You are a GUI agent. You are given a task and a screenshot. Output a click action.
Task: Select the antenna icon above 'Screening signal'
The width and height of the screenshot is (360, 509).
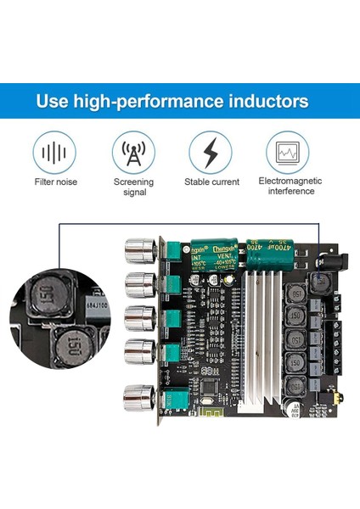(133, 153)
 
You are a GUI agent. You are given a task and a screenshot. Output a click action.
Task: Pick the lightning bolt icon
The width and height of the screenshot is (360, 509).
(211, 153)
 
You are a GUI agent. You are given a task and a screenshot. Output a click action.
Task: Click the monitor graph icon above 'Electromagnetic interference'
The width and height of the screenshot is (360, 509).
(286, 153)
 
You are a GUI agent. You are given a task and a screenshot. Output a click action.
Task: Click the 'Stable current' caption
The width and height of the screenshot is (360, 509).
(211, 182)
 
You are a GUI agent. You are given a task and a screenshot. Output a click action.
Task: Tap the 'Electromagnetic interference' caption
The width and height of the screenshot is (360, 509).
(286, 186)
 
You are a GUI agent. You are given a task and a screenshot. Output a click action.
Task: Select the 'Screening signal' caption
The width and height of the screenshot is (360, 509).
(133, 186)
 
